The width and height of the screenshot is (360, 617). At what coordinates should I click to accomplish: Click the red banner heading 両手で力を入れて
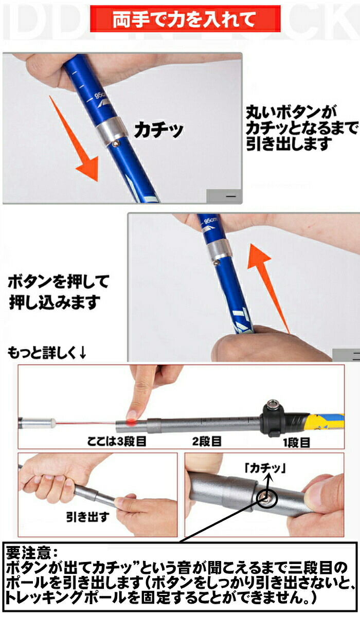184,19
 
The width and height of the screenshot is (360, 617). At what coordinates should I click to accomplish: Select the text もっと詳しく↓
47,352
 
